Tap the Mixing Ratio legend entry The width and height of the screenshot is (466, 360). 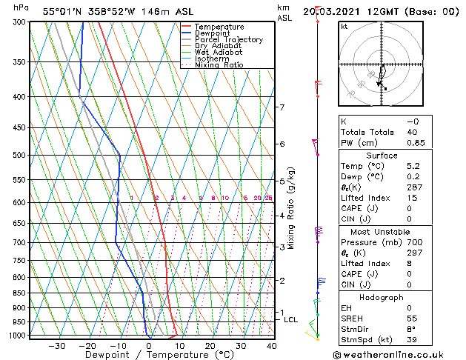(219, 65)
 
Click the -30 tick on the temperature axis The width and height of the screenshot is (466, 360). (56, 346)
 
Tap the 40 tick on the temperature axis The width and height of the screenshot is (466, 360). (271, 346)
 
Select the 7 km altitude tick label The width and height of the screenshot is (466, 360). (282, 107)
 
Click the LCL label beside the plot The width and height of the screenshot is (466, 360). (290, 320)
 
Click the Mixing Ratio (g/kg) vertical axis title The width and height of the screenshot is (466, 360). (291, 208)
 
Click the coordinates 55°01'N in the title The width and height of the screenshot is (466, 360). (61, 11)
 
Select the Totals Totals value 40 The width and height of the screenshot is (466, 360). (413, 133)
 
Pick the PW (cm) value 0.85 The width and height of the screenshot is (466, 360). (413, 144)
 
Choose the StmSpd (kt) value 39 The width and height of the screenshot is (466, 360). (413, 341)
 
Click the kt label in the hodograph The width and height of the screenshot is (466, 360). (344, 26)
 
